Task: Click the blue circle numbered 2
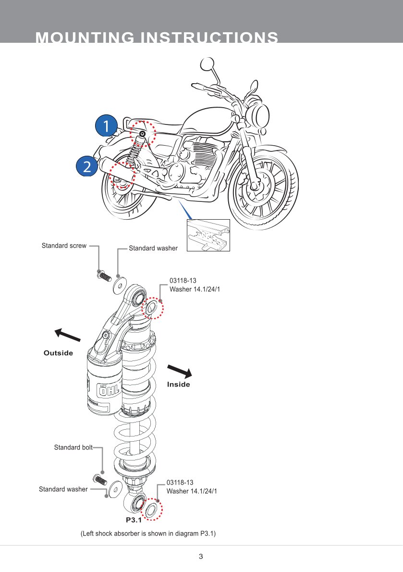click(x=87, y=166)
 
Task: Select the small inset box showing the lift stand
click(x=208, y=235)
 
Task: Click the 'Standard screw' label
click(x=64, y=246)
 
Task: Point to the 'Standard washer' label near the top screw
click(x=153, y=249)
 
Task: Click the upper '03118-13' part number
click(x=183, y=281)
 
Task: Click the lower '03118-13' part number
click(x=180, y=482)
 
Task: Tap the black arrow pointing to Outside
click(x=67, y=335)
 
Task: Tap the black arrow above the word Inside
click(x=179, y=371)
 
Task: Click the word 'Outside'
click(x=58, y=353)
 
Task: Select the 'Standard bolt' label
click(x=73, y=448)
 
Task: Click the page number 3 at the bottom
click(x=201, y=557)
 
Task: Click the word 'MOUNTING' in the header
click(x=85, y=37)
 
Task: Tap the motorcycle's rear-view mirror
click(x=208, y=63)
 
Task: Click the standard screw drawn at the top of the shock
click(x=103, y=276)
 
